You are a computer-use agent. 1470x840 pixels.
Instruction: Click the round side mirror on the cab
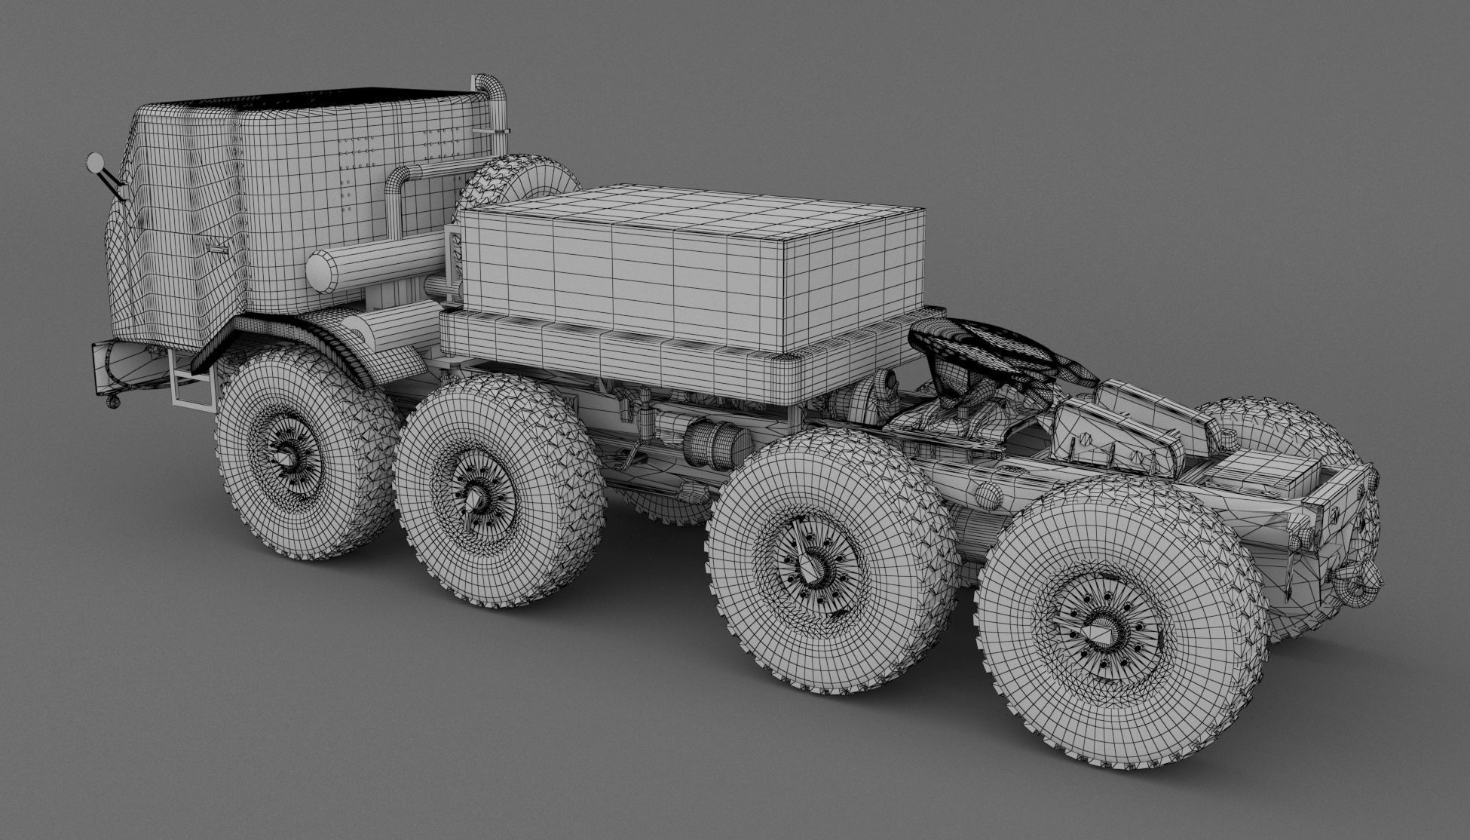pyautogui.click(x=96, y=162)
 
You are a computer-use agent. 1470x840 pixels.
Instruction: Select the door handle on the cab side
pyautogui.click(x=218, y=248)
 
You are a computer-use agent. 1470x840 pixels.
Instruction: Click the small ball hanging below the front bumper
pyautogui.click(x=113, y=403)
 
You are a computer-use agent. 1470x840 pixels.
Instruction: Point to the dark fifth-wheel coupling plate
pyautogui.click(x=980, y=347)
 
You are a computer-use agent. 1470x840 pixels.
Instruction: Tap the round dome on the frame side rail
pyautogui.click(x=988, y=494)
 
